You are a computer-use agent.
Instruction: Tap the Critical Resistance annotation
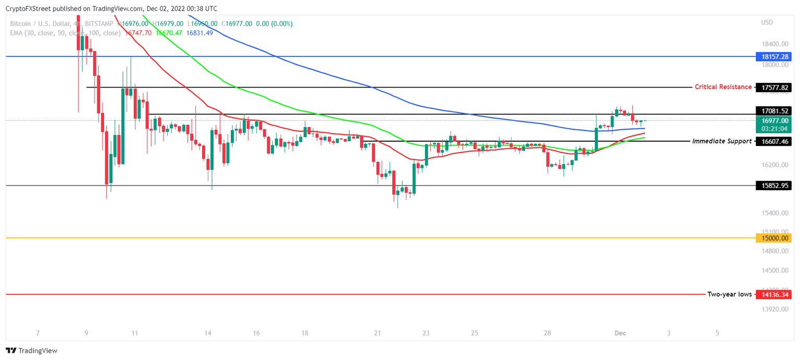723,87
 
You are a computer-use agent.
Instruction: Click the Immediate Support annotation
721,141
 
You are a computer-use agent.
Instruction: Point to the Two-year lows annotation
729,294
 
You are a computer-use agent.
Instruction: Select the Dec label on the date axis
620,333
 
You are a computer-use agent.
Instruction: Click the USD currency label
767,22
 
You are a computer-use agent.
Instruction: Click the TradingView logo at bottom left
32,351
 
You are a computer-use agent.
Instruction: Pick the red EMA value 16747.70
139,33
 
